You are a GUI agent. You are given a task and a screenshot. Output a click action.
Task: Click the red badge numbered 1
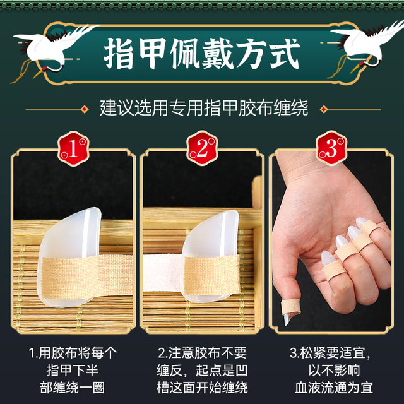73,148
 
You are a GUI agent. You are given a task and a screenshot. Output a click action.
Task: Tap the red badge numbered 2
202,148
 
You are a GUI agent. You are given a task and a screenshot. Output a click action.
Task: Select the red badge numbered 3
331,148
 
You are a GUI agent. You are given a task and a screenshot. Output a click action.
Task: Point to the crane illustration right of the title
366,49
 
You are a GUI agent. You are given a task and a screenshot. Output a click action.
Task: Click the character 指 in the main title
119,54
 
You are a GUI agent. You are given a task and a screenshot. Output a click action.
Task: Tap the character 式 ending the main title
284,54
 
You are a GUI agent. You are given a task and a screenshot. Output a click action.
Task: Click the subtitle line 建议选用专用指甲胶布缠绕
204,108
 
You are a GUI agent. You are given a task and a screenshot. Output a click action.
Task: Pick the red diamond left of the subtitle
85,109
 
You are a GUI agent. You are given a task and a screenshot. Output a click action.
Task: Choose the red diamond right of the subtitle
324,109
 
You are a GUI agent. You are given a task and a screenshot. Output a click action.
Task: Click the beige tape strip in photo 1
86,277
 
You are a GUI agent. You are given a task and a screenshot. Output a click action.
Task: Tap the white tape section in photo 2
163,273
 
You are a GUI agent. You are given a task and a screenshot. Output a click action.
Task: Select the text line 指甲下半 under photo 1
73,371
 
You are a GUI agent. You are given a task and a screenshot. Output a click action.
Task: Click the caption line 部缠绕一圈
73,388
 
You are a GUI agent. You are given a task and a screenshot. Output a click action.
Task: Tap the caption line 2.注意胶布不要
202,353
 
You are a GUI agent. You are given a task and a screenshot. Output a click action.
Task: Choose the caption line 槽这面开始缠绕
202,388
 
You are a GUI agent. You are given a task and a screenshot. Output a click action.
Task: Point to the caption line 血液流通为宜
334,388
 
